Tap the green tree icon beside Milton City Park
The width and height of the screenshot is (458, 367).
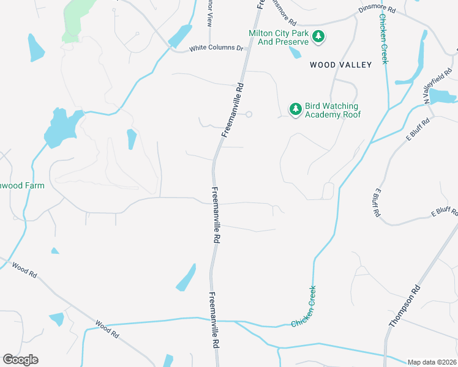tap(318, 37)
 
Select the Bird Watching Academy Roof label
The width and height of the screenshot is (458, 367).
tap(332, 110)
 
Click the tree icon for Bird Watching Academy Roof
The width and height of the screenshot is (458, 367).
tap(296, 109)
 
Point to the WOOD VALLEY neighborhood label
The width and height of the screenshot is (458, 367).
tap(340, 64)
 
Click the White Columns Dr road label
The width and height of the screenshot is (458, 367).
tap(216, 48)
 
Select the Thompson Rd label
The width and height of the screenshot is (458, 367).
tap(405, 306)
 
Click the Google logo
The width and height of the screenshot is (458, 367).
tap(20, 360)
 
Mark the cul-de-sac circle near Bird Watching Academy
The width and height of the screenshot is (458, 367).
tap(249, 114)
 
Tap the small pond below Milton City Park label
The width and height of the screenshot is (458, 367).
tap(295, 52)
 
